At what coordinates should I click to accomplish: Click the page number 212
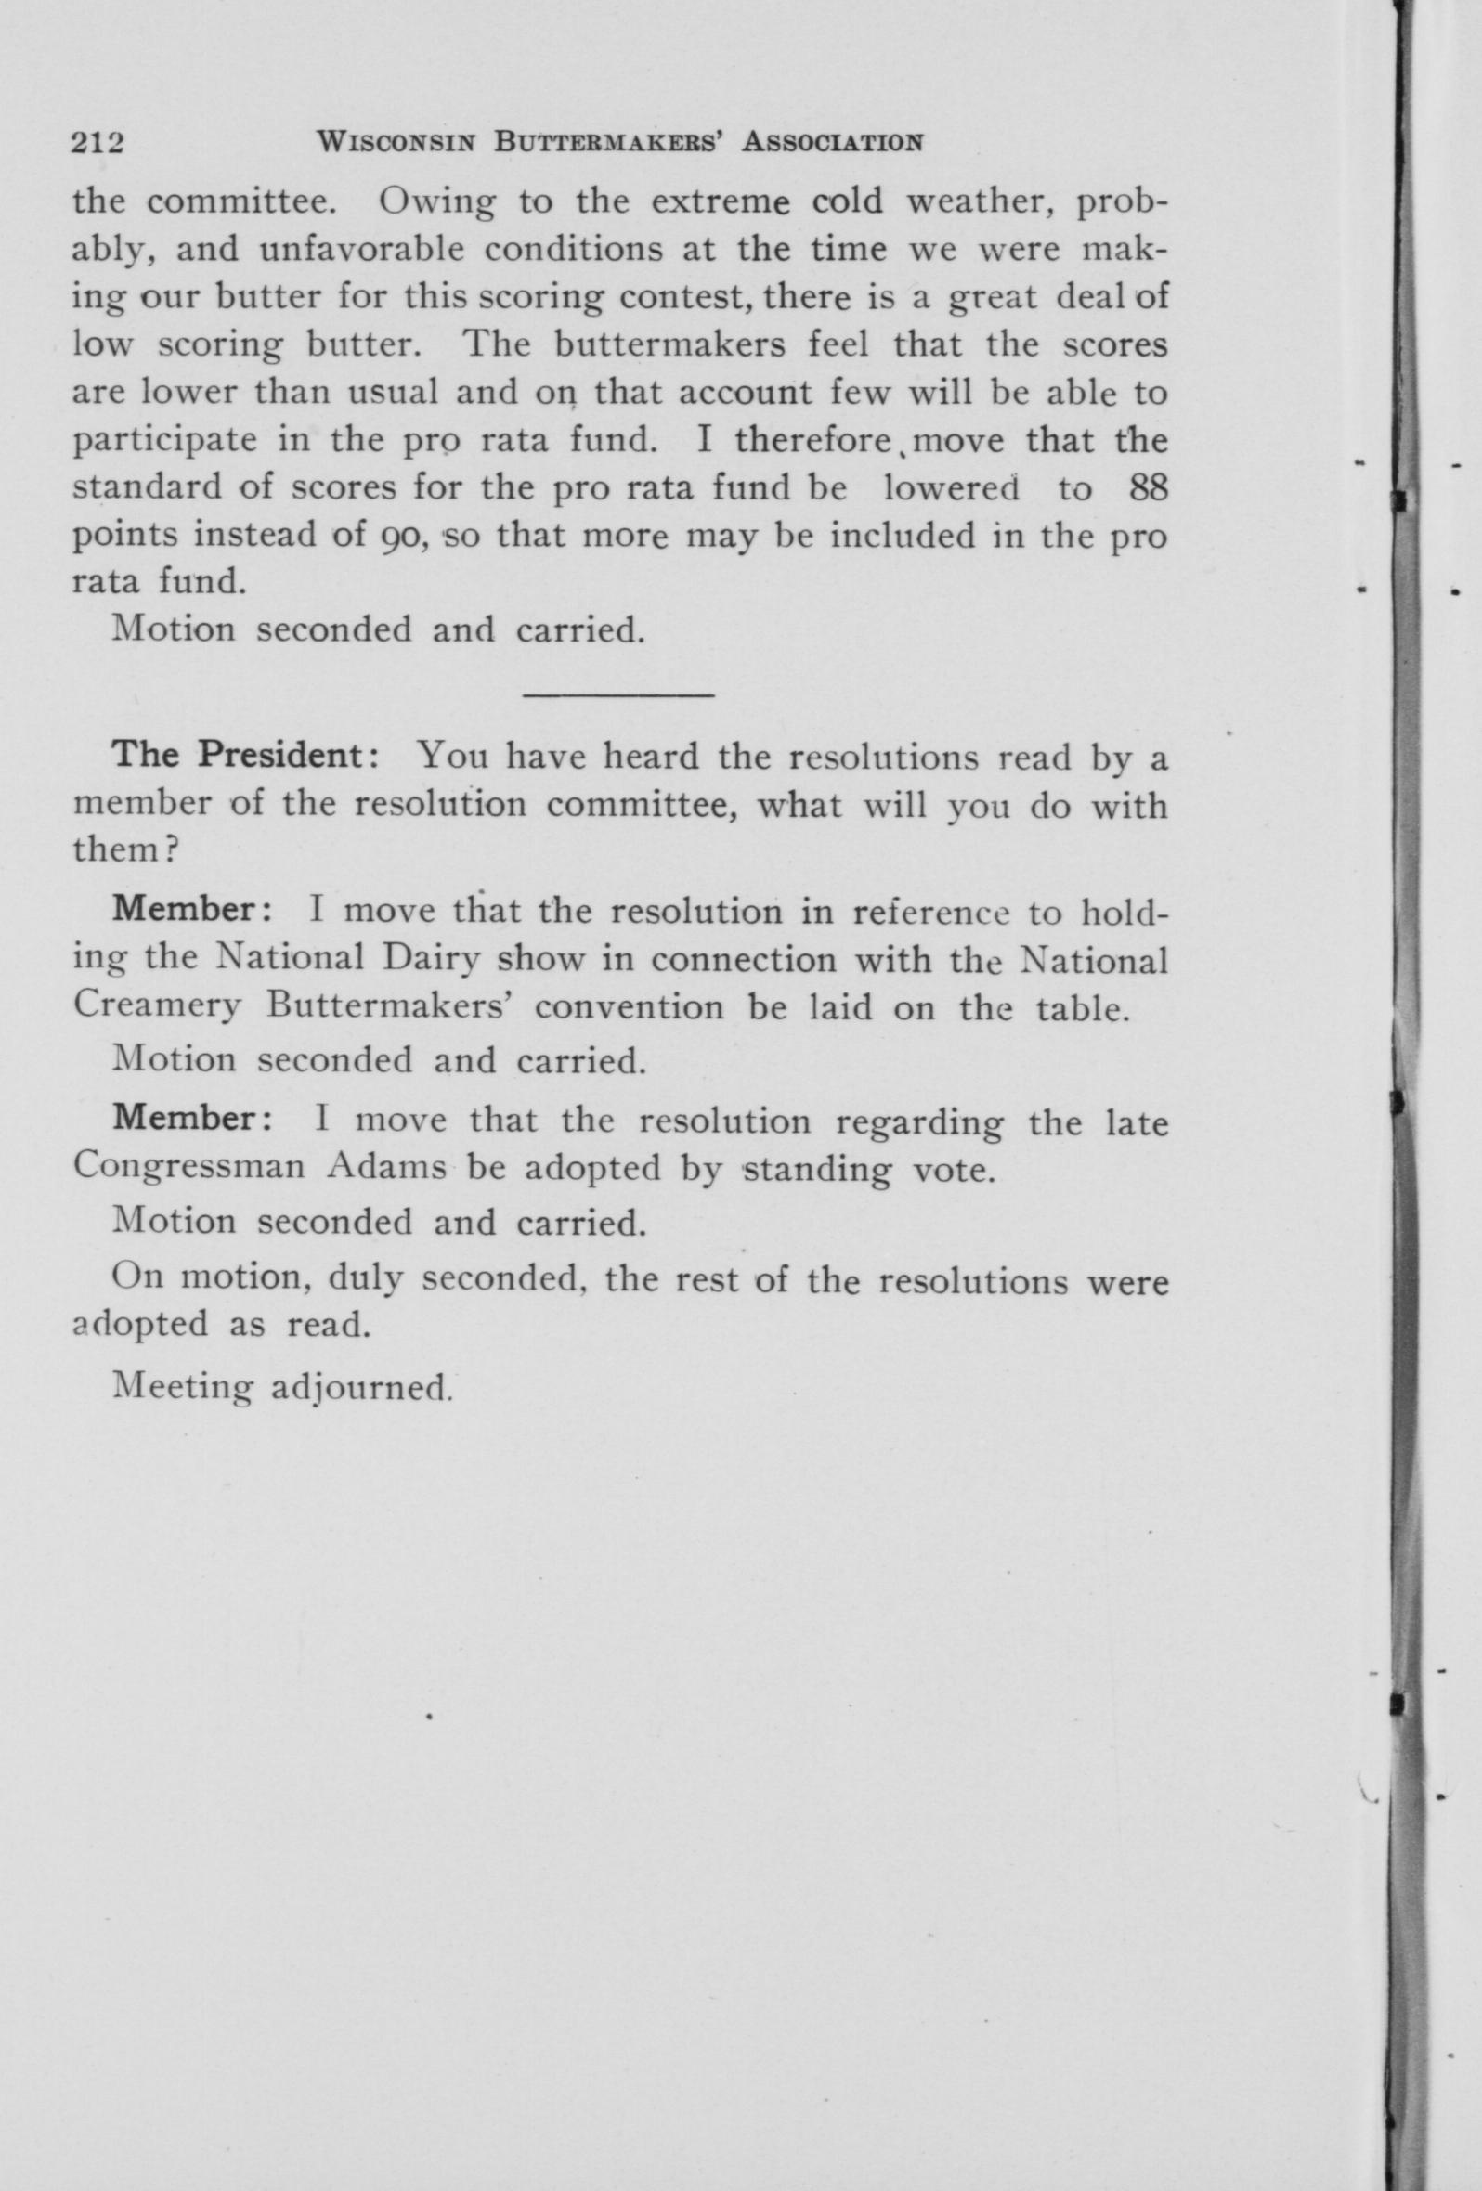(98, 142)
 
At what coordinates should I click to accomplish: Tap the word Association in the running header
(832, 142)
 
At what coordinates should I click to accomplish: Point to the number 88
(1147, 487)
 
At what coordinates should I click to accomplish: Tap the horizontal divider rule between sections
(617, 695)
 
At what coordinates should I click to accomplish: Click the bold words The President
(244, 755)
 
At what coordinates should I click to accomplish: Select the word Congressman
(188, 1167)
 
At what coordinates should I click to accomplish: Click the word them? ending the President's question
(126, 850)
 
